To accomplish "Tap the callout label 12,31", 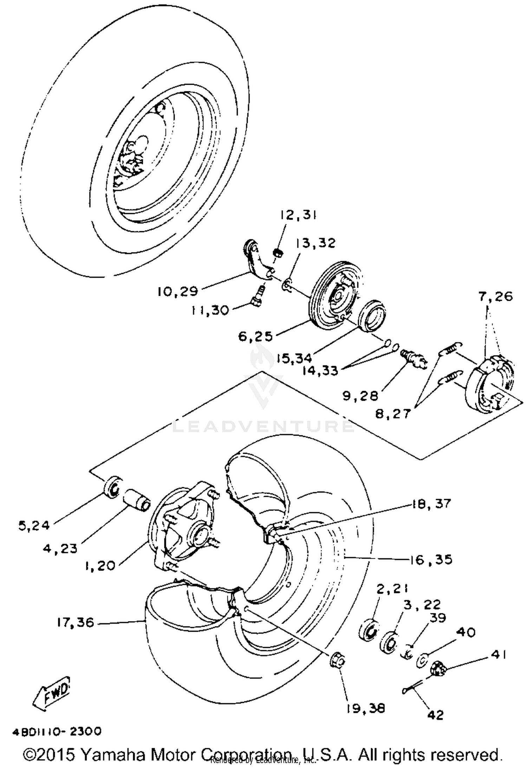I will tap(298, 215).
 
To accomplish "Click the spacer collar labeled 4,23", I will tap(137, 499).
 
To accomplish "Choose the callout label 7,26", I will tap(495, 297).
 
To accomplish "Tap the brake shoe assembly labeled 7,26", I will tap(490, 383).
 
